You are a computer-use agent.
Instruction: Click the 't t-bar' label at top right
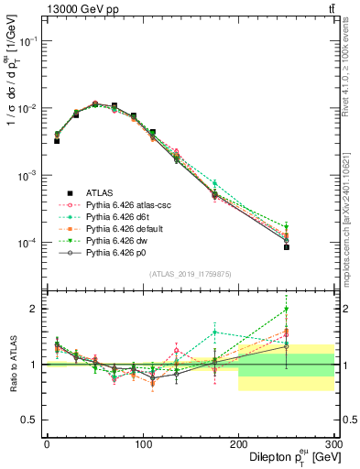click(330, 9)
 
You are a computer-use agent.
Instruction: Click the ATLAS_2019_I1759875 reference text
click(190, 273)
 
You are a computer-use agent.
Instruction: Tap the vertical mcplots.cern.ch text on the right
click(352, 211)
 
